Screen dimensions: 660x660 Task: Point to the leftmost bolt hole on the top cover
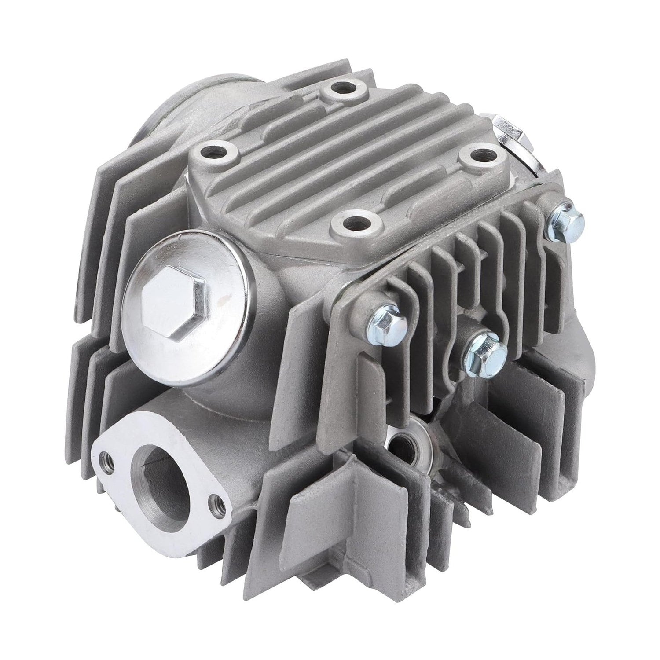[x=217, y=154]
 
